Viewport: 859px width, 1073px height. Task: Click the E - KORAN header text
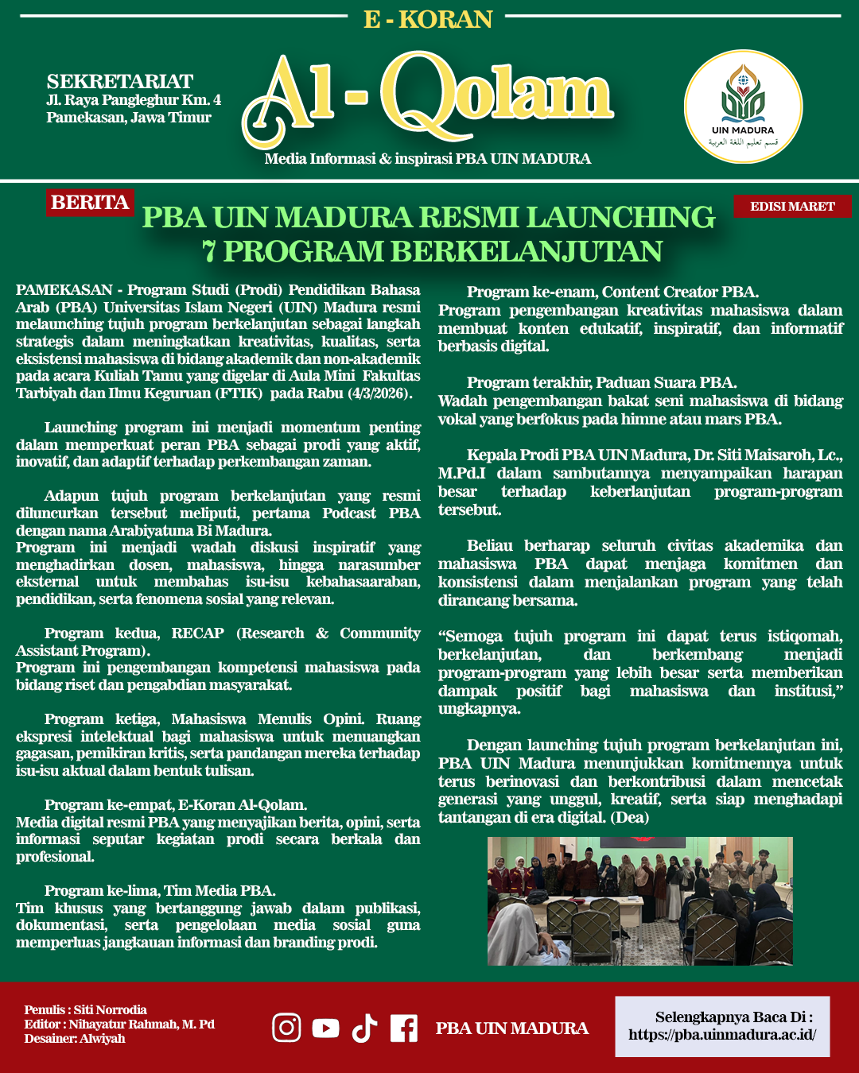tap(428, 19)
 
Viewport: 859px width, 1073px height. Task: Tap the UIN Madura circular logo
tap(743, 107)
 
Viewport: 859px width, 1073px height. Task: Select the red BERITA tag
tap(90, 203)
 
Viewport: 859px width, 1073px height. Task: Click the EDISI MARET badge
tap(792, 207)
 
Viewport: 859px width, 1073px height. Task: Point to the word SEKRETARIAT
tap(120, 82)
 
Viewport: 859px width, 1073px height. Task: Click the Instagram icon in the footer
tap(286, 1028)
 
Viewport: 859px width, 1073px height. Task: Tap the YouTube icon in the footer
tap(325, 1028)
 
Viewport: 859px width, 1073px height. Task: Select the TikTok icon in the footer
tap(364, 1028)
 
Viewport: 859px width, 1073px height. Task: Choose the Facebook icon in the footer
tap(404, 1028)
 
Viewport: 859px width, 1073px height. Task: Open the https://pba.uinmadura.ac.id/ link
tap(722, 1035)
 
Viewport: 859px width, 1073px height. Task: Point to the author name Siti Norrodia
tap(111, 1010)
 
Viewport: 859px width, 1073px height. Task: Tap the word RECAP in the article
tap(197, 633)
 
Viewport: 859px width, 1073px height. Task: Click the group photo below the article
tap(639, 901)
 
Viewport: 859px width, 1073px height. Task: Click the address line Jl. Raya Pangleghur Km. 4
tap(134, 100)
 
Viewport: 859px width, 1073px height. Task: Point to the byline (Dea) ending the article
tap(630, 818)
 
